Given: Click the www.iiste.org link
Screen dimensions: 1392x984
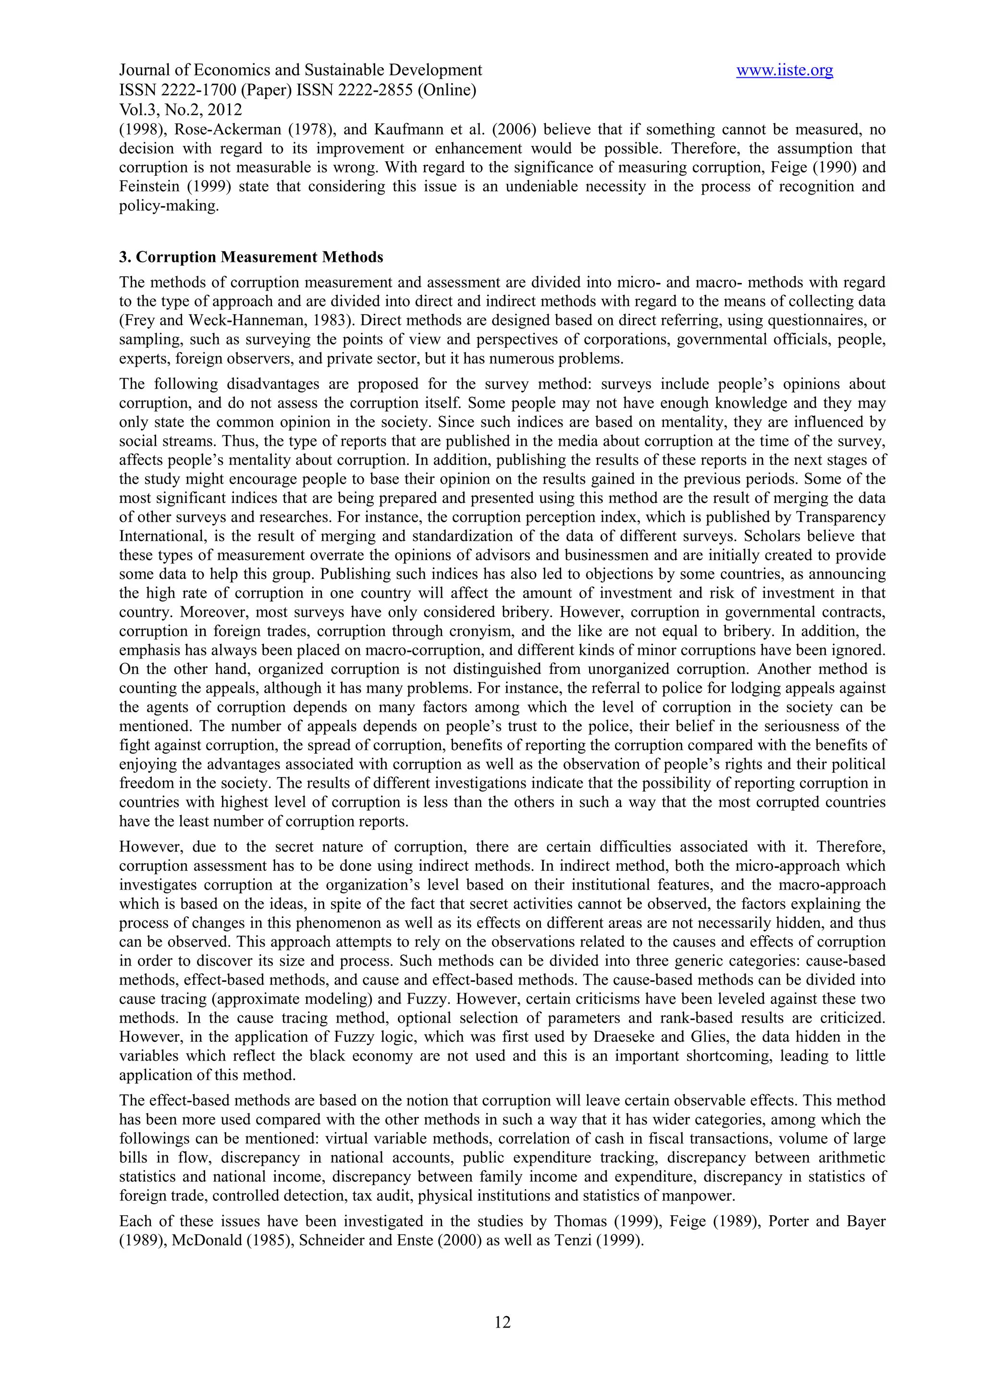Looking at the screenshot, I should click(784, 71).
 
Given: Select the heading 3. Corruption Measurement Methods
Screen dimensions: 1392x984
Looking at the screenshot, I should click(251, 257).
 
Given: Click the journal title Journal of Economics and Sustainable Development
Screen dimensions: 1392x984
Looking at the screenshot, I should click(301, 71).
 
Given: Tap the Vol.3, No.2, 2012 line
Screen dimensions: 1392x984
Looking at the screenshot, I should click(181, 110).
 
